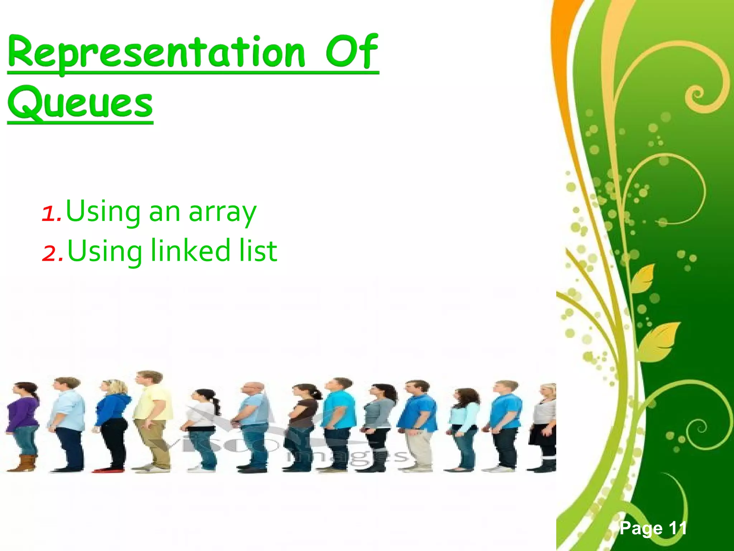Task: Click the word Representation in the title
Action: (x=156, y=53)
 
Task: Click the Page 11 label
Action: (x=653, y=528)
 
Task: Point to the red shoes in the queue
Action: (x=104, y=469)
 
